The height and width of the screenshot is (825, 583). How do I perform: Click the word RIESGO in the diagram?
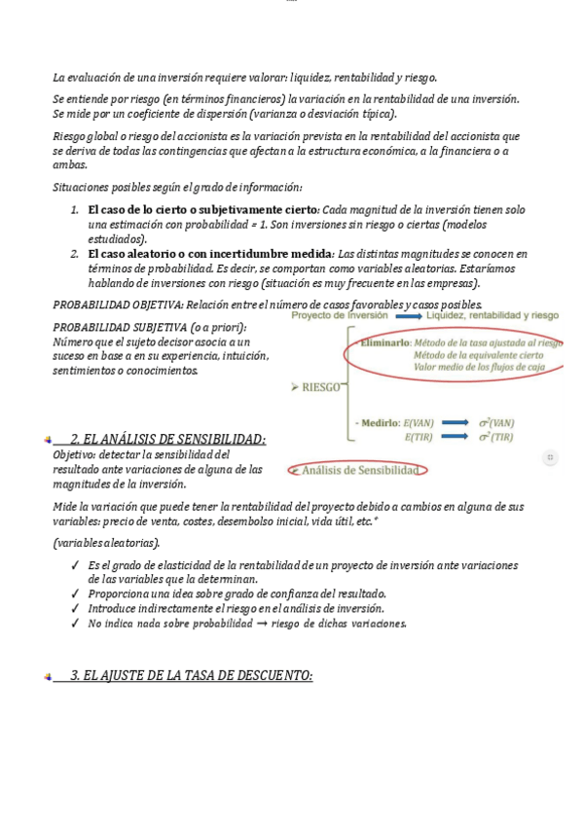322,387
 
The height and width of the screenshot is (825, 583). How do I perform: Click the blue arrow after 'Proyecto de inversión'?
409,316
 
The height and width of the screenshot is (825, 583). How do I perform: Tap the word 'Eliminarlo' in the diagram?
384,342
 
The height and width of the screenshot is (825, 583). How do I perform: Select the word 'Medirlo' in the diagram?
381,422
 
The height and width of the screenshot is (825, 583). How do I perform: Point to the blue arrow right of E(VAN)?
455,422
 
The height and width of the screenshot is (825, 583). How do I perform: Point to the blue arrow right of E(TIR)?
455,437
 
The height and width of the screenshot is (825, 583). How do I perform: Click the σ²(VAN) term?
495,422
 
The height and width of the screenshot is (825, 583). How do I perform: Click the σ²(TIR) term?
495,437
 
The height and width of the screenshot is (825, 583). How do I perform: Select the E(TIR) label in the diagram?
419,437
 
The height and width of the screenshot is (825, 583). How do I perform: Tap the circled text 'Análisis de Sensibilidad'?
361,470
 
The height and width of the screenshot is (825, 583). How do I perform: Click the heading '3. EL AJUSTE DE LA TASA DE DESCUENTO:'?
191,675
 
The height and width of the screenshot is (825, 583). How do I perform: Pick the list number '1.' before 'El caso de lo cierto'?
75,209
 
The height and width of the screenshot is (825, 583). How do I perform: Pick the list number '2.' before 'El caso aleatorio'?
75,254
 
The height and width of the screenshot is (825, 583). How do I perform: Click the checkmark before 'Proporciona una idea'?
75,593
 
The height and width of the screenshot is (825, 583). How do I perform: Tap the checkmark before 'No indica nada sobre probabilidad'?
75,624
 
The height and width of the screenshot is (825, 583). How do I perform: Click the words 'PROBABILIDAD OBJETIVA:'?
117,305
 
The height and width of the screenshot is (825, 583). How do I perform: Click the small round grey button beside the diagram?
550,456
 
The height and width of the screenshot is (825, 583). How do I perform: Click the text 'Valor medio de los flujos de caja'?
479,367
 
